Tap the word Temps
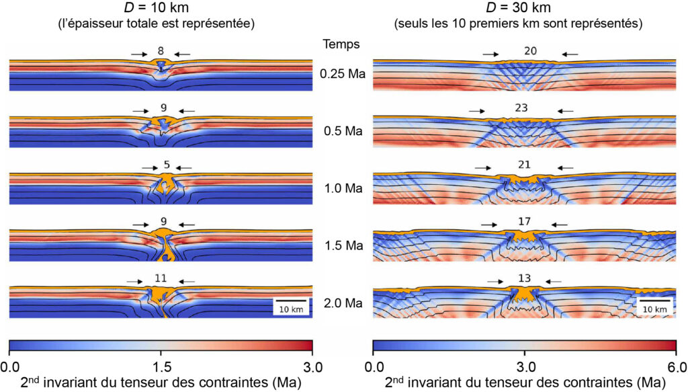pyautogui.click(x=341, y=44)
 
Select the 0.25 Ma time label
pyautogui.click(x=343, y=74)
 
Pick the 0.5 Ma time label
pyautogui.click(x=343, y=131)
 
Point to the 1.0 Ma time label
pyautogui.click(x=343, y=189)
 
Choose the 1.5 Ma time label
pyautogui.click(x=343, y=247)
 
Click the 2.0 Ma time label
pyautogui.click(x=343, y=304)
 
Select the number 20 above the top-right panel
pyautogui.click(x=521, y=50)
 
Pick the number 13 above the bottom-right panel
pyautogui.click(x=521, y=278)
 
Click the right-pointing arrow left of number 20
pyautogui.click(x=490, y=54)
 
